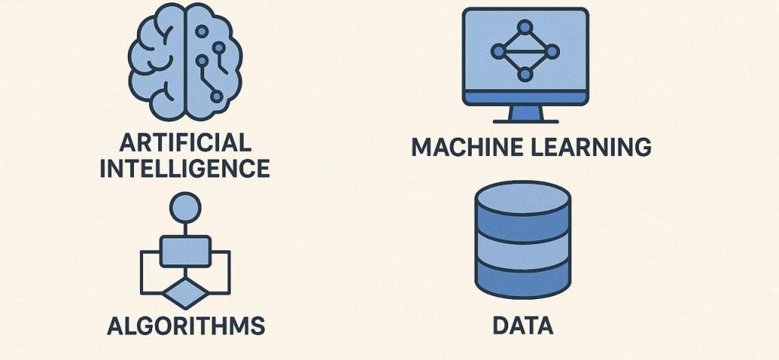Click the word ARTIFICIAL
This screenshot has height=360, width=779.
pyautogui.click(x=185, y=142)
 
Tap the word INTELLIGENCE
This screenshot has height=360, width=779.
pyautogui.click(x=185, y=167)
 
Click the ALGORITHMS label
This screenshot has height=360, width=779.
pyautogui.click(x=186, y=326)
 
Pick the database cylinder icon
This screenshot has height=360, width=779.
pyautogui.click(x=522, y=242)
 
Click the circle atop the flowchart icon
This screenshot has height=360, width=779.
pyautogui.click(x=186, y=206)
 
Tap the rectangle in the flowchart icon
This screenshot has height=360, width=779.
pyautogui.click(x=186, y=248)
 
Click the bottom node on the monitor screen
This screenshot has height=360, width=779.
pyautogui.click(x=524, y=74)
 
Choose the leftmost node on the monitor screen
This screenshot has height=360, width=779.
pyautogui.click(x=498, y=52)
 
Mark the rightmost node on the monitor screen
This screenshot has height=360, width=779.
pyautogui.click(x=550, y=52)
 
